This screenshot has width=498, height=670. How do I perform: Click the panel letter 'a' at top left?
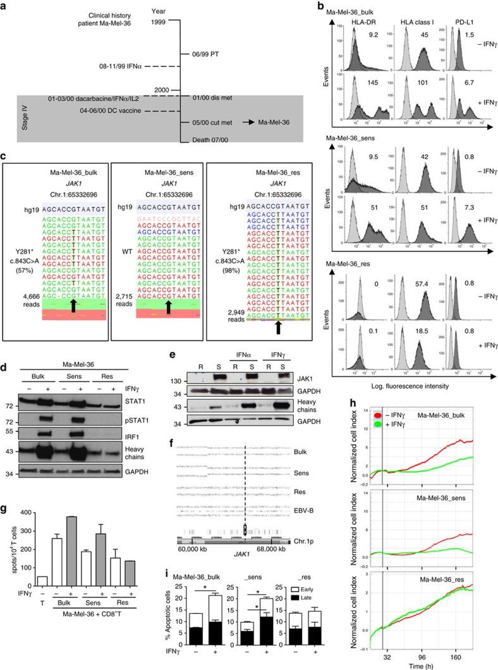(x=5, y=6)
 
